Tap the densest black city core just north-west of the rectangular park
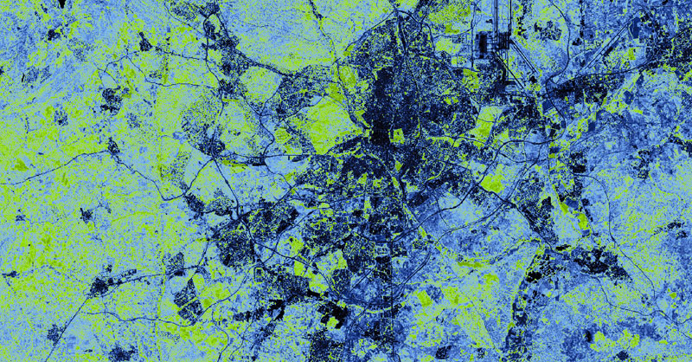pyautogui.click(x=381, y=113)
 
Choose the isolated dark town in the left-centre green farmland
pyautogui.click(x=112, y=95)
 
